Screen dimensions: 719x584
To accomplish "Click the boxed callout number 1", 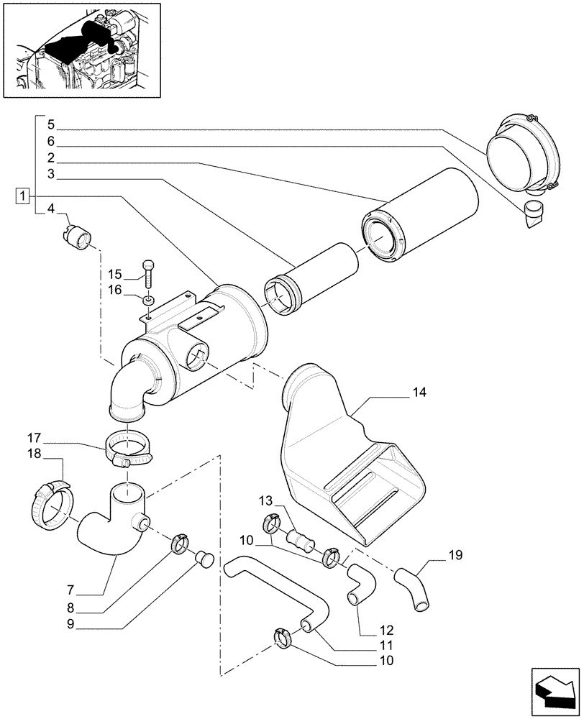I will coord(24,196).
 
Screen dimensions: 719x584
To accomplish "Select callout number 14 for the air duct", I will coord(419,393).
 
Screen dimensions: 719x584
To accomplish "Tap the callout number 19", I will coord(455,555).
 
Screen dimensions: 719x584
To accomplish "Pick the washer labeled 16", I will coord(147,298).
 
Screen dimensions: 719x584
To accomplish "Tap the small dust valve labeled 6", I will coord(533,211).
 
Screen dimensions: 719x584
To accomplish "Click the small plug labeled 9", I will coord(205,559).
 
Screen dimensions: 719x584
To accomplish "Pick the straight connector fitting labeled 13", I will coord(301,539).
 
